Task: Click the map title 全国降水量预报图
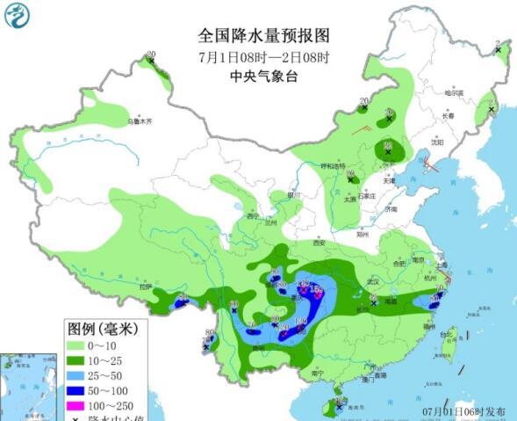pos(262,36)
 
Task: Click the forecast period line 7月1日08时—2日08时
pos(262,57)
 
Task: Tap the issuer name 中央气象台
pos(262,76)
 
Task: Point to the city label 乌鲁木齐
pos(140,120)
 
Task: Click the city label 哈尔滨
pos(453,92)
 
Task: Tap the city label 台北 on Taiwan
pos(446,334)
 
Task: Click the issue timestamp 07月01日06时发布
pos(462,411)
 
